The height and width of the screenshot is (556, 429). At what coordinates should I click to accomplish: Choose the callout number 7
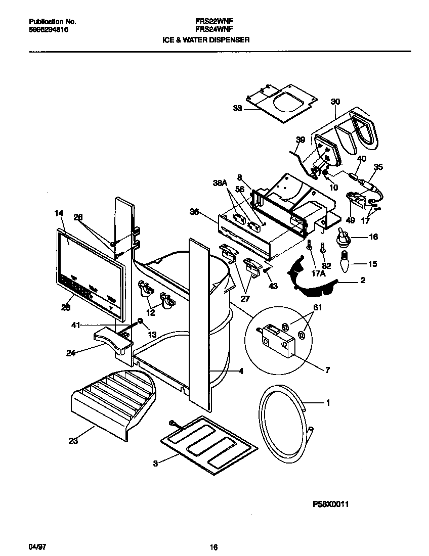(x=327, y=370)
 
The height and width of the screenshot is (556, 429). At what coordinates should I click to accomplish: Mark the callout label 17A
(x=318, y=274)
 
